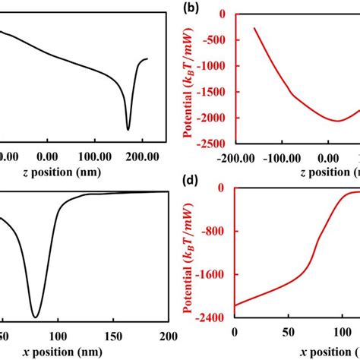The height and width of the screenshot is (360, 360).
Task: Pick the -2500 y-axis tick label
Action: pyautogui.click(x=217, y=144)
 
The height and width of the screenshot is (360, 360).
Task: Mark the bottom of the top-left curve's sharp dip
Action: pyautogui.click(x=128, y=130)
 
